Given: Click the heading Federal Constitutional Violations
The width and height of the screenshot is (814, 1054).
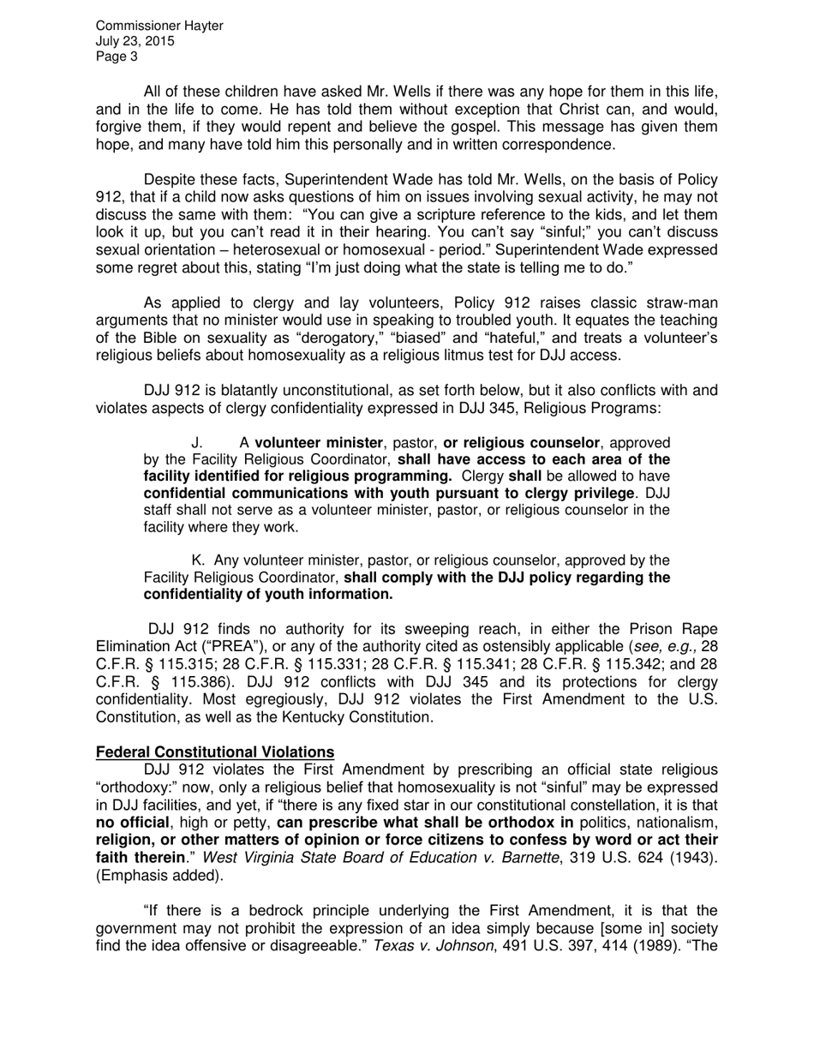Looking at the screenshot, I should click(214, 752).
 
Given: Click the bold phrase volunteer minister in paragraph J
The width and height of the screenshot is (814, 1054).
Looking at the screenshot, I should click(319, 443).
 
